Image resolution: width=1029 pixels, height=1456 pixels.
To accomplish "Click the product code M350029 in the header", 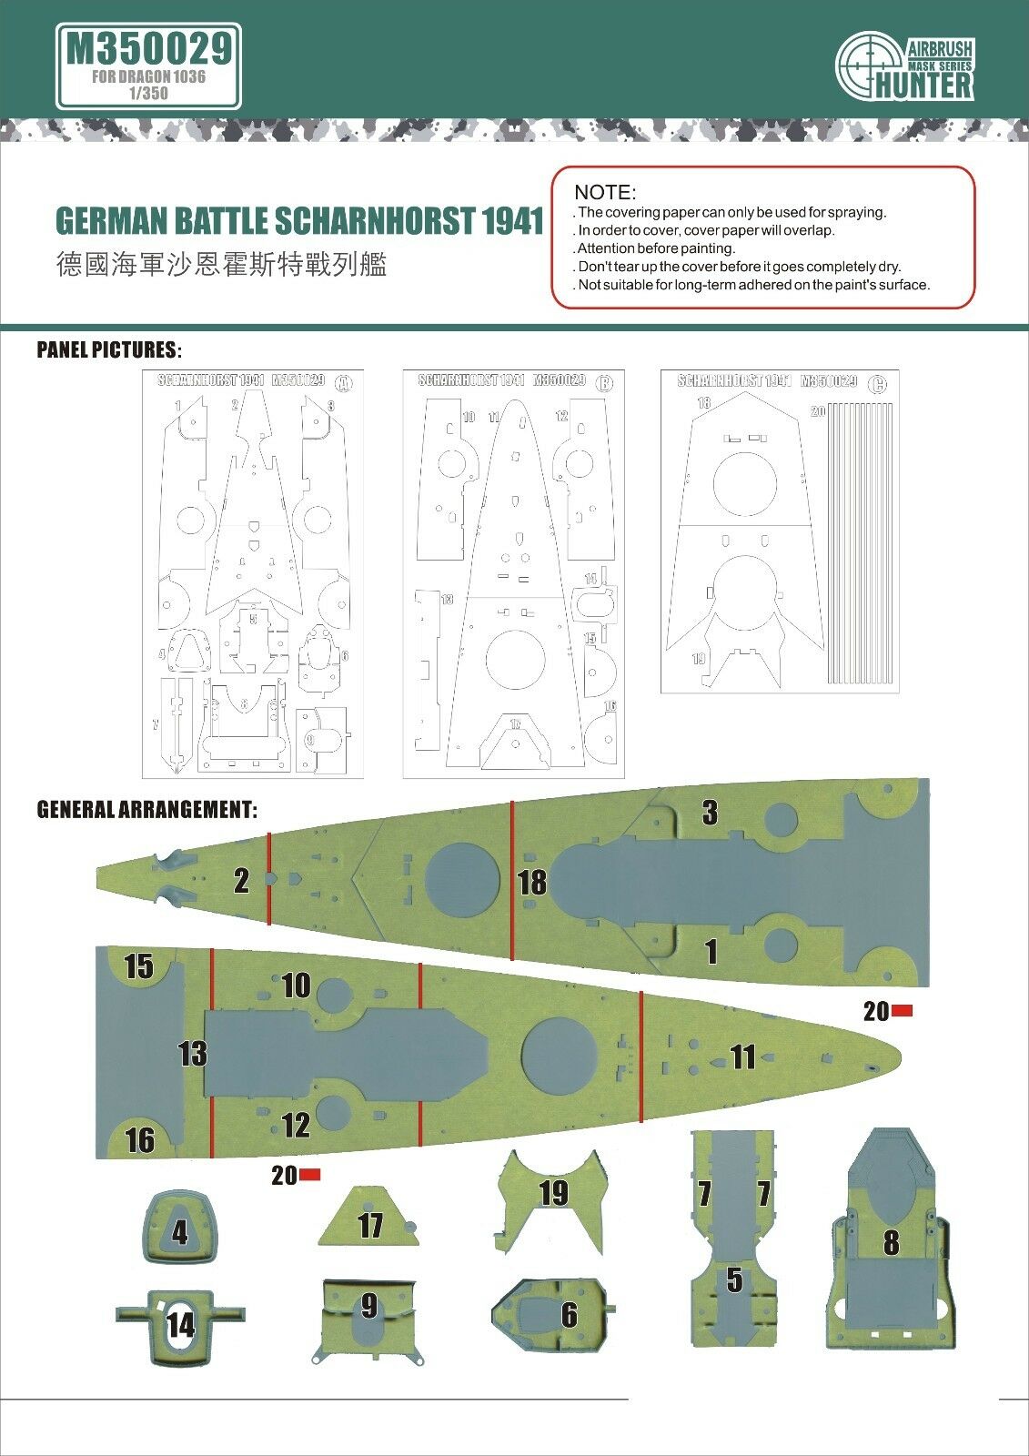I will [148, 48].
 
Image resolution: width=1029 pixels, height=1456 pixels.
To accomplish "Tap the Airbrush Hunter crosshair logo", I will [870, 65].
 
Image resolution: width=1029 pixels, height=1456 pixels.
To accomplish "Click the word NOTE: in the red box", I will [605, 193].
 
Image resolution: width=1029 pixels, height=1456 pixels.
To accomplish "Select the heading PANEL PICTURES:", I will [108, 350].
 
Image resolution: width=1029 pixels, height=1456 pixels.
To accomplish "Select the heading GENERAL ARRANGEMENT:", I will [146, 809].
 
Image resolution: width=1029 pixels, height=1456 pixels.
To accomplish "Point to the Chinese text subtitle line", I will [221, 265].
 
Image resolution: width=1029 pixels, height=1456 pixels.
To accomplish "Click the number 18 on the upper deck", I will [532, 881].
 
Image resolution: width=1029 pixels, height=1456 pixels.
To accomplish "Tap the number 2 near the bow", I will [241, 880].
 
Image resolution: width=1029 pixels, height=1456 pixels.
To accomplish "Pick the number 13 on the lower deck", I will [192, 1053].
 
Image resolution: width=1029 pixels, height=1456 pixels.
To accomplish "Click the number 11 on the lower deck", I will [743, 1057].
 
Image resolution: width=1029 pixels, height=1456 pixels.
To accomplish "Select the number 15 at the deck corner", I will [138, 966].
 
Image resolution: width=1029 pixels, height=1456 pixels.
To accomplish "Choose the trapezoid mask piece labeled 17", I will [368, 1218].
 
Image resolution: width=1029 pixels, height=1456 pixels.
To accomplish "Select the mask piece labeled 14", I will [180, 1323].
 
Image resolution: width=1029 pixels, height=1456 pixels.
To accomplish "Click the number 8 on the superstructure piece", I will [891, 1242].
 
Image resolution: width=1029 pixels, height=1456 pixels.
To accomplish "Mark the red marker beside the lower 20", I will [310, 1175].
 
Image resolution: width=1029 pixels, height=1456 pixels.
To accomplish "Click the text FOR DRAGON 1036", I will [148, 76].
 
